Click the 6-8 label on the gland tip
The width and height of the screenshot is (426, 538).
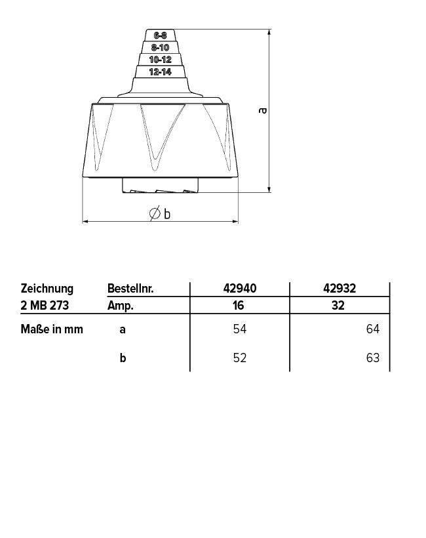(160, 35)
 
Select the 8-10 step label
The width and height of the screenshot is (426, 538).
(160, 47)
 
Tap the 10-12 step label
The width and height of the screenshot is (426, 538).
(160, 60)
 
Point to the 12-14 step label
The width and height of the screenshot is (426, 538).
(160, 72)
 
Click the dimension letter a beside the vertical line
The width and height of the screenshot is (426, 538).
(262, 111)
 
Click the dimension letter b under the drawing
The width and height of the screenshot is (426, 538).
(167, 213)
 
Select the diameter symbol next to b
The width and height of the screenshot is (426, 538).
(155, 213)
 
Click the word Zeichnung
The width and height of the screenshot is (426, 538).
(47, 288)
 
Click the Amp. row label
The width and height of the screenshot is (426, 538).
(121, 305)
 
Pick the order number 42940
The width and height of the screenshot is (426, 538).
(240, 288)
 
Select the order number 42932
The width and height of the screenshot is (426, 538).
(339, 288)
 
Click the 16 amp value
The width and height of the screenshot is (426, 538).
(240, 305)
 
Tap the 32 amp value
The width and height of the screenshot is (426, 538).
(339, 305)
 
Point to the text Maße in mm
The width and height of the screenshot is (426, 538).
(52, 329)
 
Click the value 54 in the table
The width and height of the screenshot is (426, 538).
(240, 329)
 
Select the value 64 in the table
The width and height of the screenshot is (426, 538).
(373, 329)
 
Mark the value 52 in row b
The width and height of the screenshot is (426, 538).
(240, 359)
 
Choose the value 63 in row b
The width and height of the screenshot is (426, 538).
(373, 359)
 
